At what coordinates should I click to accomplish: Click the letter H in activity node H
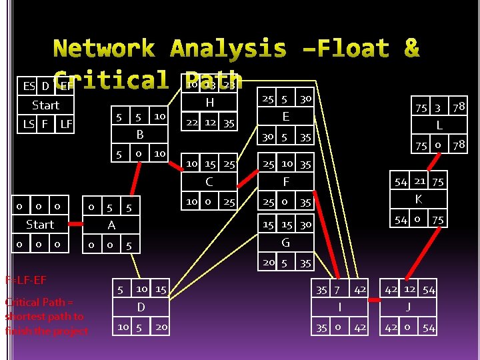pos(210,103)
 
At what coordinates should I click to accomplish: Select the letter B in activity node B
pos(140,135)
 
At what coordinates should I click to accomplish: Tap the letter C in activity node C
pos(209,181)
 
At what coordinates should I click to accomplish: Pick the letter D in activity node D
pos(141,307)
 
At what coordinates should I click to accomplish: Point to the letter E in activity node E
pos(285,117)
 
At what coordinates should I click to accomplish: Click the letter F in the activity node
pos(286,181)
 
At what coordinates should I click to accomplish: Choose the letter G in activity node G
pos(286,243)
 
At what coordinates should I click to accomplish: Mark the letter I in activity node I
pos(340,307)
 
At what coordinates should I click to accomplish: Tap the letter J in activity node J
pos(408,307)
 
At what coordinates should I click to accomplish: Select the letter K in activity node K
pos(419,199)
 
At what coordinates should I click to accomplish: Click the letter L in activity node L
pos(439,125)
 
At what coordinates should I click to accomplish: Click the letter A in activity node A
pos(111,225)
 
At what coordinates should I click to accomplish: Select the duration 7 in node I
pos(337,289)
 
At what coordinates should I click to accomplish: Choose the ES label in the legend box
pos(29,86)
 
